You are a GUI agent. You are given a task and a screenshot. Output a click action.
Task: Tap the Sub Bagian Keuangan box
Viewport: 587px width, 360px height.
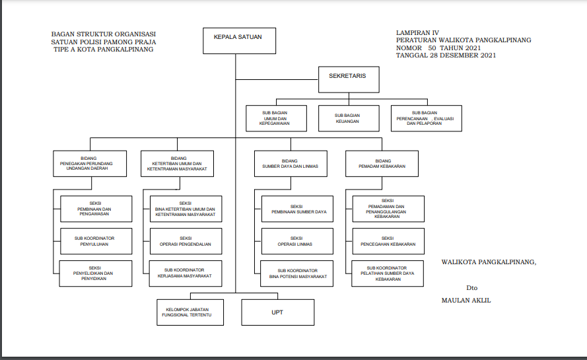click(x=347, y=118)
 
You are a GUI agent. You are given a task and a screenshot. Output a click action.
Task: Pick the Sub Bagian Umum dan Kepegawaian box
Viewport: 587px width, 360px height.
click(x=275, y=118)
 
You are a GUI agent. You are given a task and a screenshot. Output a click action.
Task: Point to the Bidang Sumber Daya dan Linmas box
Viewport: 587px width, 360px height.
click(x=290, y=163)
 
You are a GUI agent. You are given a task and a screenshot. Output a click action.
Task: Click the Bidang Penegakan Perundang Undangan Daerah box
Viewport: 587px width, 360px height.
click(x=90, y=163)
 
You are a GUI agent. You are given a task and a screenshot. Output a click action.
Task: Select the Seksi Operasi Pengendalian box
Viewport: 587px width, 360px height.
click(x=186, y=241)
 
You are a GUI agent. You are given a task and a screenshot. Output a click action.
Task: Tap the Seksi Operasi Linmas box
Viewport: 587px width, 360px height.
click(x=296, y=241)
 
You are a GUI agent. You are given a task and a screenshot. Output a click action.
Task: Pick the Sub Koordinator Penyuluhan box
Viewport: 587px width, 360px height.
click(x=95, y=241)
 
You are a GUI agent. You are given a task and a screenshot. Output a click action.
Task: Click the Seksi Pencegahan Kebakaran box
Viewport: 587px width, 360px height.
click(x=388, y=241)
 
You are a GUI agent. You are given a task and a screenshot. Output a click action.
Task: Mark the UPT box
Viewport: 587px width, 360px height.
click(x=277, y=312)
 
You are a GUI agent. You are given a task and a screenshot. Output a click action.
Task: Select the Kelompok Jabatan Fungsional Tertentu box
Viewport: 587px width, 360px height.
click(x=189, y=312)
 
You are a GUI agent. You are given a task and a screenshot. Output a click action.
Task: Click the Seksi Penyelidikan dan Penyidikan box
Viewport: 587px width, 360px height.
click(x=95, y=273)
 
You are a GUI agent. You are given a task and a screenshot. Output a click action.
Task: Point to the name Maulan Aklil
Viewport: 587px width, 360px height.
click(x=466, y=301)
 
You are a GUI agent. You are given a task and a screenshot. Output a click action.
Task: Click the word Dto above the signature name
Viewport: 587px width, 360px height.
click(x=471, y=288)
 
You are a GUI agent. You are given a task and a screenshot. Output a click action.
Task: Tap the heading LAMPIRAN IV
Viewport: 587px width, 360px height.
click(x=417, y=32)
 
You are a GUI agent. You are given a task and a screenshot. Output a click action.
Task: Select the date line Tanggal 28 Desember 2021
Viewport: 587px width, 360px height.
click(x=446, y=55)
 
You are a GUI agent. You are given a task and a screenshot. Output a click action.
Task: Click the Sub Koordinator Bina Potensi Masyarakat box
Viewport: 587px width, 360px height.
click(x=296, y=273)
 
